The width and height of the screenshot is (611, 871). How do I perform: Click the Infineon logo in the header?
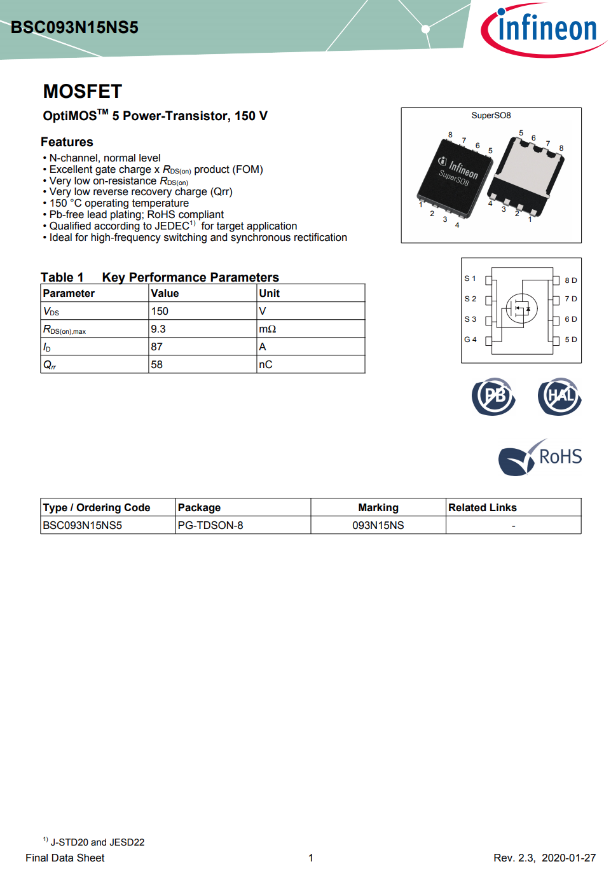[544, 30]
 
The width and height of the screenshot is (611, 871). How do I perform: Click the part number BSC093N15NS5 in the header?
[74, 27]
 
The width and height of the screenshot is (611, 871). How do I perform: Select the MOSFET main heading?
[82, 92]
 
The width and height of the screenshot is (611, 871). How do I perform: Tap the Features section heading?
[67, 142]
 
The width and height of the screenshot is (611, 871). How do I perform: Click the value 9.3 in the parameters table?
[158, 329]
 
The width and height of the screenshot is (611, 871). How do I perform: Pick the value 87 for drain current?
[157, 346]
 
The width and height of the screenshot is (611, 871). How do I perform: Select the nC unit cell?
[266, 364]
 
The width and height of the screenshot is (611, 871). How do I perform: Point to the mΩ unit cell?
[268, 329]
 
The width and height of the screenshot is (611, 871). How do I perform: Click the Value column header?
[165, 293]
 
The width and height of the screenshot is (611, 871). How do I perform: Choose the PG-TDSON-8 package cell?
[210, 525]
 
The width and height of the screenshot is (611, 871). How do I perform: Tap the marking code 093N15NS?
[378, 525]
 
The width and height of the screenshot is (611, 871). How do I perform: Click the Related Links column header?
[483, 507]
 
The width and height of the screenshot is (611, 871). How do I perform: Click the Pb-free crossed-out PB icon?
[494, 396]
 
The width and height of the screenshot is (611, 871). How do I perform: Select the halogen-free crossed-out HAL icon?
[560, 396]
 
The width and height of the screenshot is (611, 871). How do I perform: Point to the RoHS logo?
[540, 458]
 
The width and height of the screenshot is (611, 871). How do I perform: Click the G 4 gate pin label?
[470, 339]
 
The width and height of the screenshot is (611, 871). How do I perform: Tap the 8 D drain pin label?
[571, 280]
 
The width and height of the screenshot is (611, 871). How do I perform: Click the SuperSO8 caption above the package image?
[491, 115]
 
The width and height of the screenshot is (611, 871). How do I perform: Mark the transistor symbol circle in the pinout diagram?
[522, 308]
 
